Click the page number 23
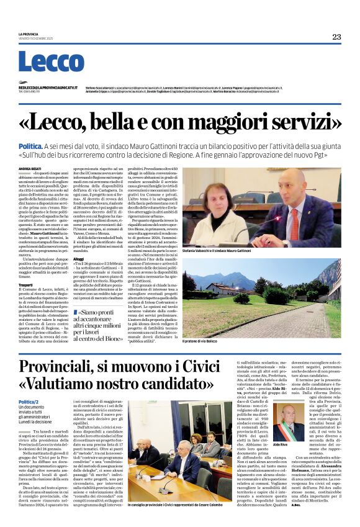pyautogui.click(x=336, y=37)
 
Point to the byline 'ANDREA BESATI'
pyautogui.click(x=29, y=168)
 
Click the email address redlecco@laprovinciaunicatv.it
pyautogui.click(x=47, y=88)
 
